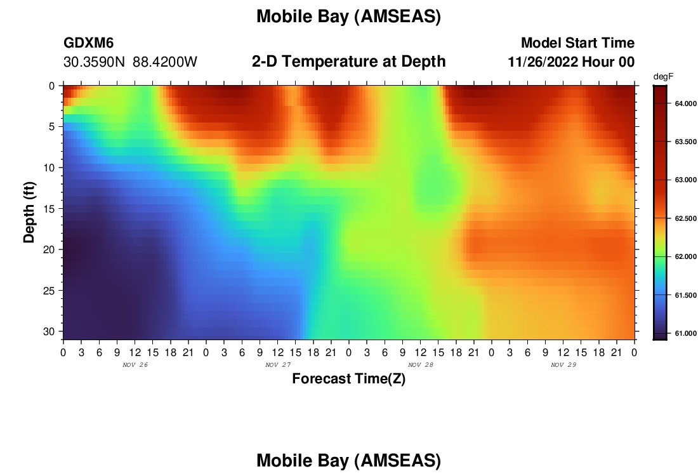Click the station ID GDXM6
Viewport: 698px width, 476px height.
pyautogui.click(x=89, y=43)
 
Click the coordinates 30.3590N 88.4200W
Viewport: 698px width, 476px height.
pyautogui.click(x=130, y=62)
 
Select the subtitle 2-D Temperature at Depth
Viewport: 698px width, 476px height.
pyautogui.click(x=348, y=62)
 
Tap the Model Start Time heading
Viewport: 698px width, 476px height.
pyautogui.click(x=577, y=43)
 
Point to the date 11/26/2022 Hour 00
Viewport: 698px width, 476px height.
pyautogui.click(x=571, y=62)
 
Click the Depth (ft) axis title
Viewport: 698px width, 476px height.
pyautogui.click(x=29, y=213)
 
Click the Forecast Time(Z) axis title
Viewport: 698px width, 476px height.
pyautogui.click(x=348, y=378)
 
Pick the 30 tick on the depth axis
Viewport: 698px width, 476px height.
pyautogui.click(x=49, y=332)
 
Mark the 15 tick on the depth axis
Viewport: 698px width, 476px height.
pyautogui.click(x=49, y=209)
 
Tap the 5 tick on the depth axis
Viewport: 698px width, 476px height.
pyautogui.click(x=52, y=127)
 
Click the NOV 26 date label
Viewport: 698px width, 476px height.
pyautogui.click(x=135, y=365)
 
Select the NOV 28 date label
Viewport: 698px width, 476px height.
pyautogui.click(x=420, y=365)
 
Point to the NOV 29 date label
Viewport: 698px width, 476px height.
pyautogui.click(x=563, y=365)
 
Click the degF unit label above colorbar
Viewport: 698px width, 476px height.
pyautogui.click(x=663, y=77)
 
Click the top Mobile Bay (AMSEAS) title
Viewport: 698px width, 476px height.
pyautogui.click(x=348, y=17)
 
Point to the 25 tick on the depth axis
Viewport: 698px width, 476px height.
pyautogui.click(x=49, y=291)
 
